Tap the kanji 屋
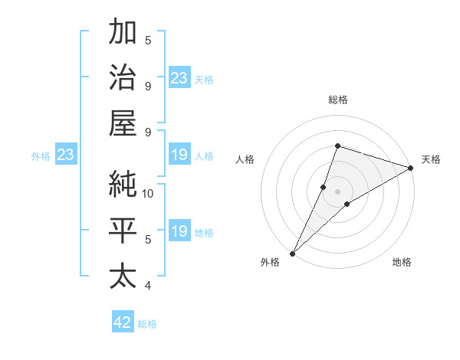click(x=123, y=123)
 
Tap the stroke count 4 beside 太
click(x=148, y=286)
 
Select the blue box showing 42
click(x=123, y=322)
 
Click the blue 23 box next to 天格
click(x=179, y=77)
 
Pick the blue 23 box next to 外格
click(x=65, y=155)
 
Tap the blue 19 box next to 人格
click(x=179, y=155)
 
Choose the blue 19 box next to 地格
click(x=179, y=232)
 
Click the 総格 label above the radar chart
click(x=338, y=100)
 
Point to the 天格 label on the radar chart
click(x=431, y=159)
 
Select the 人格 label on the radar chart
click(x=245, y=159)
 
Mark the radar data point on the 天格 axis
click(x=411, y=168)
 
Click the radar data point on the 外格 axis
click(x=292, y=254)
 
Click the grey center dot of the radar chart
click(x=338, y=191)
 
